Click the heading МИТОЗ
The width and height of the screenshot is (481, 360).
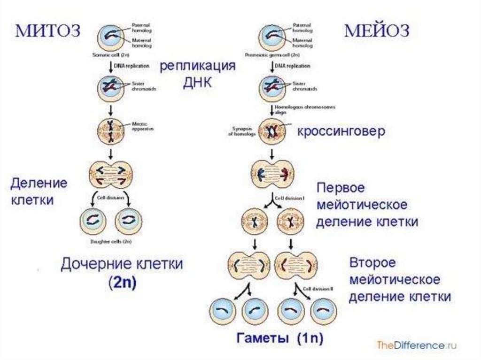click(49, 31)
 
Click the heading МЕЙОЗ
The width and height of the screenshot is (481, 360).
click(377, 31)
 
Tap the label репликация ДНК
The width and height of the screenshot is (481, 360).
click(197, 74)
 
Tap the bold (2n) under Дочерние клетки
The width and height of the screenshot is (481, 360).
click(122, 284)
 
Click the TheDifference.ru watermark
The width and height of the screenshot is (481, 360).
click(417, 345)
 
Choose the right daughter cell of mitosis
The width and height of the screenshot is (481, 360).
click(128, 220)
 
